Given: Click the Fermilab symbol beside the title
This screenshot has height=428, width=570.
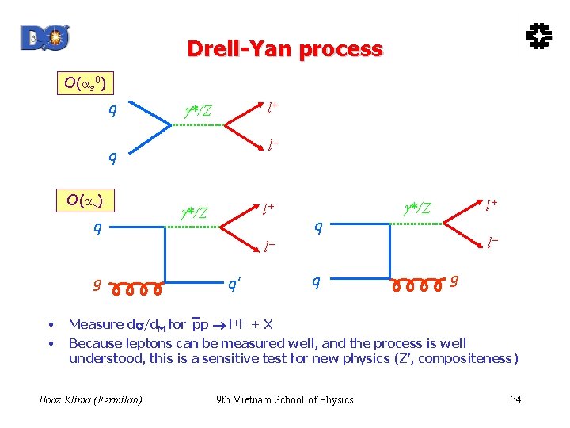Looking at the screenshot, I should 539,36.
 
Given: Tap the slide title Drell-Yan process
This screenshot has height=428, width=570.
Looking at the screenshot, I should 285,49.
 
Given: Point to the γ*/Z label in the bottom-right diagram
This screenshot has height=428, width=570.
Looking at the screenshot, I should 416,208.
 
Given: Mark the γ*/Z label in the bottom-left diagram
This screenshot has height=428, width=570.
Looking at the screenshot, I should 195,212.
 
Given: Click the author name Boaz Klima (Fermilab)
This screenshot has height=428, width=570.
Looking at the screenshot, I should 91,399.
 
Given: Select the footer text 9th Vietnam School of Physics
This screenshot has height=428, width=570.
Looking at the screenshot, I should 285,399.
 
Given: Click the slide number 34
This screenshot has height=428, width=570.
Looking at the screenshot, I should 515,399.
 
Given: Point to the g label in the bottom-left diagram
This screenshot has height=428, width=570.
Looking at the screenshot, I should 97,284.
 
